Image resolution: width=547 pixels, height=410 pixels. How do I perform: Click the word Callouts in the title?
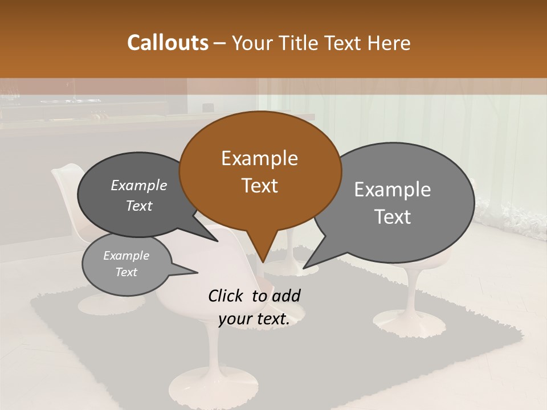click(168, 43)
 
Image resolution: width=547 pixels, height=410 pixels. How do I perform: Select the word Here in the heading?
click(390, 43)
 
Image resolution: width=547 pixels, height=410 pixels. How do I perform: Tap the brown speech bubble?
click(260, 171)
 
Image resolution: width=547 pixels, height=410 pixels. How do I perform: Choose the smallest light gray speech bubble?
click(126, 264)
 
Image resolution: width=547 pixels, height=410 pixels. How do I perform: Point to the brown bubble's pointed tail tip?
click(263, 263)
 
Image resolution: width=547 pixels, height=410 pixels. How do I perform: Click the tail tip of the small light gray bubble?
click(197, 273)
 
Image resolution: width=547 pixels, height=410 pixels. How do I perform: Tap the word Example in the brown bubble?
click(259, 158)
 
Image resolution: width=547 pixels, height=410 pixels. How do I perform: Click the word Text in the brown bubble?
click(260, 186)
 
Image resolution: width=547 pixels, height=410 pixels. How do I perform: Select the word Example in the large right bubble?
click(393, 190)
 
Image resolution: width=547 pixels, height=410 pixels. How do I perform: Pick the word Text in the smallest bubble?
click(126, 272)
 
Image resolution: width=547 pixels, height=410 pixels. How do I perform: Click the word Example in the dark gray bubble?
click(138, 185)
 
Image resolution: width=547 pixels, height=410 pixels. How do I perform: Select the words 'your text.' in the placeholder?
click(254, 319)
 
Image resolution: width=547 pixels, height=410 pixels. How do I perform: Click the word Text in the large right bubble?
click(393, 217)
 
